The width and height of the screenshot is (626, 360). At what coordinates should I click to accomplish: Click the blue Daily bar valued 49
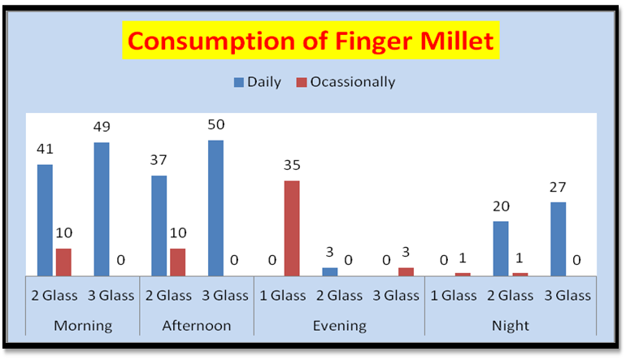(102, 209)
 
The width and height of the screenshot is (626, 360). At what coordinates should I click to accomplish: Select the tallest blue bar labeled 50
(215, 208)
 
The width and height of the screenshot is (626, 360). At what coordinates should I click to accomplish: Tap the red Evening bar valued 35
(292, 228)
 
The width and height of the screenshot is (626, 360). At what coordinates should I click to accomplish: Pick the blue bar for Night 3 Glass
(559, 239)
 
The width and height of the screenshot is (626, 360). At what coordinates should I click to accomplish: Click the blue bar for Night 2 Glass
(501, 249)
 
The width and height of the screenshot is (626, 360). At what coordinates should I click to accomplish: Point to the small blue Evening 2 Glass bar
(330, 271)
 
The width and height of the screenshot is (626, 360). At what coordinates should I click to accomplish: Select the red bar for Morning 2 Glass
(63, 262)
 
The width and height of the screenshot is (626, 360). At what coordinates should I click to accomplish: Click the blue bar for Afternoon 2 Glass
(159, 226)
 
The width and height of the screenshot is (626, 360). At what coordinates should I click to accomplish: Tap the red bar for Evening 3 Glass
(406, 271)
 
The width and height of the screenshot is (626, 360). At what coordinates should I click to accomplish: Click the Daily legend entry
(258, 82)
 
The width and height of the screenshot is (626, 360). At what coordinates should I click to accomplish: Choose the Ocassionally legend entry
(346, 82)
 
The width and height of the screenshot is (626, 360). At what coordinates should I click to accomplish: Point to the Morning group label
(83, 326)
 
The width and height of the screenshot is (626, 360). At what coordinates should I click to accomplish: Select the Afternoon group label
(197, 326)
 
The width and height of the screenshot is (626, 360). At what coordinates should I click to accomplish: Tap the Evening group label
(339, 326)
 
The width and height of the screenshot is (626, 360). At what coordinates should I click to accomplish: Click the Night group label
(511, 326)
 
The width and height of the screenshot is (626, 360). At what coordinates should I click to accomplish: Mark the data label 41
(45, 149)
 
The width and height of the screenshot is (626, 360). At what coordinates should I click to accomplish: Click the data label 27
(558, 187)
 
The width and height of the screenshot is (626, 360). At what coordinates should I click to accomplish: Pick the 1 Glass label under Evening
(283, 296)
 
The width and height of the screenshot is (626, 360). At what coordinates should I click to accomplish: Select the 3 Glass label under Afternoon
(225, 296)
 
